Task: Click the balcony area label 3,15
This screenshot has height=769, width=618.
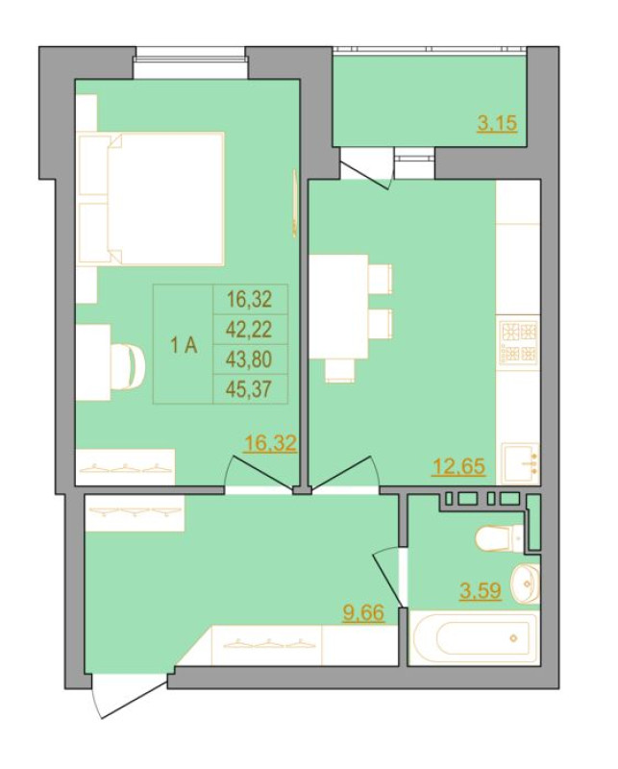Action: [x=497, y=124]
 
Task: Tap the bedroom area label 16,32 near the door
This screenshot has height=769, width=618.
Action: [x=271, y=443]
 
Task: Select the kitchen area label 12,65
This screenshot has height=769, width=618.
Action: [x=458, y=466]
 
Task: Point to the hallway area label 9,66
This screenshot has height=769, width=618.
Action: [x=363, y=612]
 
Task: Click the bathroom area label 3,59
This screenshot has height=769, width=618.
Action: [x=481, y=590]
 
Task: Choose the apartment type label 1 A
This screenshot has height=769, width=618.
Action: [x=184, y=346]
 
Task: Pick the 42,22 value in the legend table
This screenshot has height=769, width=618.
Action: [x=249, y=330]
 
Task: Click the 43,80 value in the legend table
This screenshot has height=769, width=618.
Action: [x=249, y=360]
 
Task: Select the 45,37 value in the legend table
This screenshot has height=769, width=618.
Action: [x=249, y=389]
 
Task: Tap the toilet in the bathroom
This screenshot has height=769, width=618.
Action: [x=501, y=537]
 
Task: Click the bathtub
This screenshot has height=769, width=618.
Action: [x=473, y=638]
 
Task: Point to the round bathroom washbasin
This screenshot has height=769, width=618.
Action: [x=525, y=584]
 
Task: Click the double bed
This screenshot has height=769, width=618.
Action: [x=151, y=199]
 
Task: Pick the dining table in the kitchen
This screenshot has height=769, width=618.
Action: [x=339, y=307]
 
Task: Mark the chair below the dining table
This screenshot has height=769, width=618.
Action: [x=340, y=370]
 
